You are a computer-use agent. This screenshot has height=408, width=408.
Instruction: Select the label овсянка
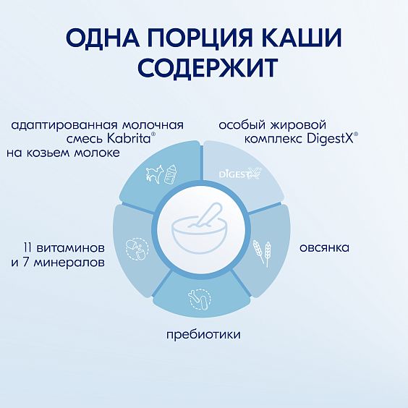tap(326, 248)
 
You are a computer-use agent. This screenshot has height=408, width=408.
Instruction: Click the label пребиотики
tap(203, 335)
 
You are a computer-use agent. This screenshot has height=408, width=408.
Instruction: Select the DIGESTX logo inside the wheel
tap(239, 174)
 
